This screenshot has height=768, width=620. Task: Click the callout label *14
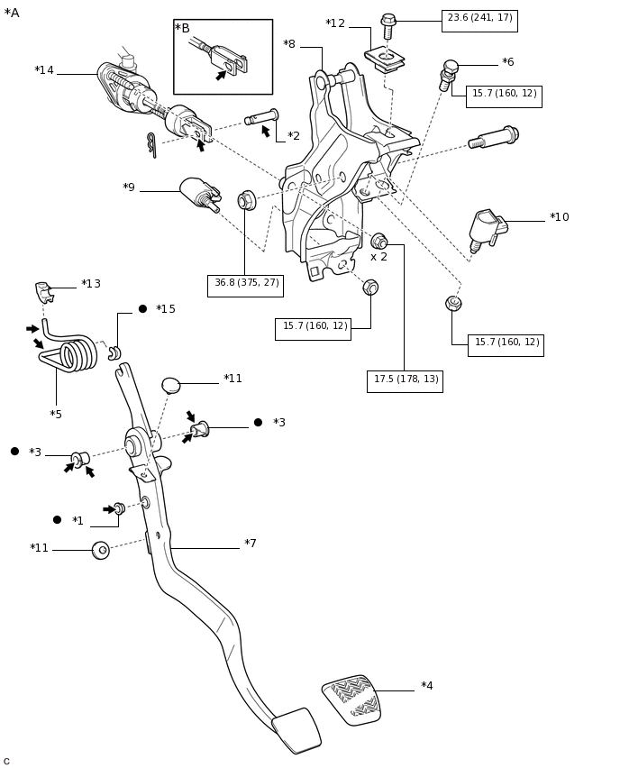click(44, 71)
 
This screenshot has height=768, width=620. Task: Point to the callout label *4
click(426, 687)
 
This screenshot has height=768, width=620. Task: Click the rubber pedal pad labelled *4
click(352, 699)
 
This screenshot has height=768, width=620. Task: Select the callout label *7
click(251, 544)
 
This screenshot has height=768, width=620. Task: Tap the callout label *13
click(91, 285)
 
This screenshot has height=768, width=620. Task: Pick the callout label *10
click(559, 218)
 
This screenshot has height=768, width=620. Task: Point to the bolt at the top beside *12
click(388, 26)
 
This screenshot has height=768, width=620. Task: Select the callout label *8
click(289, 45)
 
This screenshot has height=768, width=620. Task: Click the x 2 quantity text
click(378, 258)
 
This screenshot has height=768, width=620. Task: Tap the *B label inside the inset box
click(182, 29)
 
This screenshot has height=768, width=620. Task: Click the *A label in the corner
click(12, 14)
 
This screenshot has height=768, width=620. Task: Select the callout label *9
click(129, 188)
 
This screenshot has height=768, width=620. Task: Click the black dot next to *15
click(142, 309)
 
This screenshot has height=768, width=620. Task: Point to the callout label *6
click(508, 63)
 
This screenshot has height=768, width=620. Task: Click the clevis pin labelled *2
click(261, 116)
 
